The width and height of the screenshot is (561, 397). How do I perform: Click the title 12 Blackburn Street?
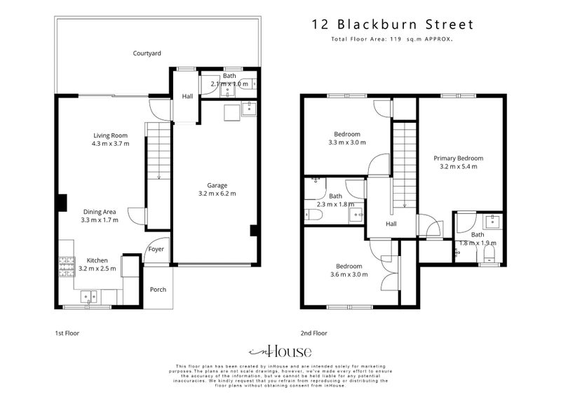[393, 25]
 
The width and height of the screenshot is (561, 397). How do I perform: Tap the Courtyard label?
[147, 53]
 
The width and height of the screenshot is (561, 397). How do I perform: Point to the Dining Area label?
[100, 211]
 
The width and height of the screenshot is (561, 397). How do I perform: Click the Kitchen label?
[97, 260]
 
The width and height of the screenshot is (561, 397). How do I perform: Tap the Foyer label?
[155, 248]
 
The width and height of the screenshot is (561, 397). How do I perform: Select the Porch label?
[158, 288]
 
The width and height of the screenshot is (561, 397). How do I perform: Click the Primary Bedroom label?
[458, 158]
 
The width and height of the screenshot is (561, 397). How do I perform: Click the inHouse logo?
[280, 351]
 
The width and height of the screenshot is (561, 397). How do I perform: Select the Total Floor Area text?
[392, 40]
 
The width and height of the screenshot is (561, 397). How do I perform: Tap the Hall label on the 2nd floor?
[392, 224]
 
